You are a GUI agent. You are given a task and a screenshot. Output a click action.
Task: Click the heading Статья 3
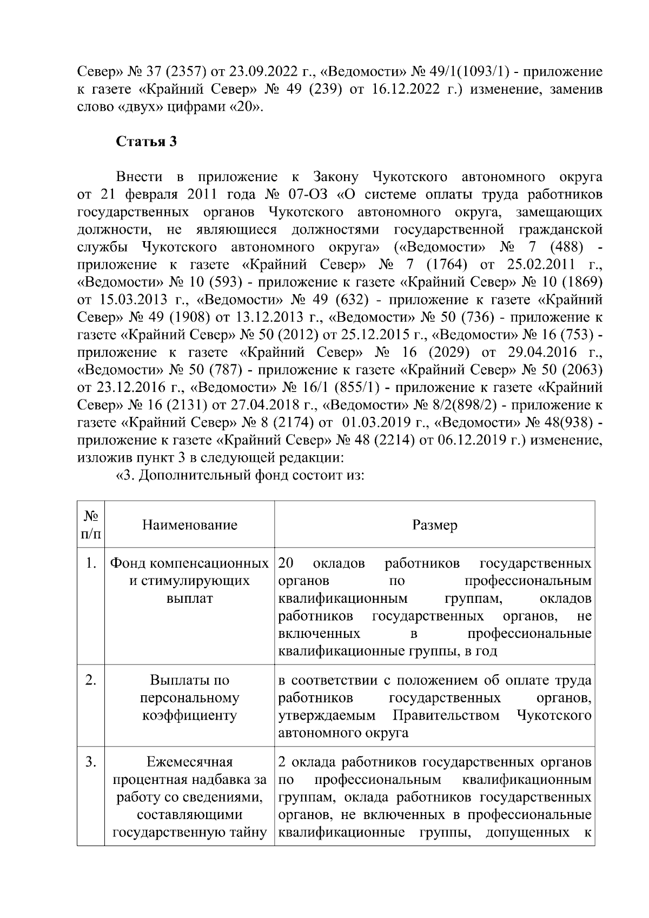[x=147, y=142]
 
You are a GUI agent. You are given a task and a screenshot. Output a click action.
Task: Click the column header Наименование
[x=190, y=525]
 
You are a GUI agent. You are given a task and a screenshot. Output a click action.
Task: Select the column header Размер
[x=434, y=525]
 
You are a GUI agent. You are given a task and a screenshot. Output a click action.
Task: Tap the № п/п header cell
[x=90, y=525]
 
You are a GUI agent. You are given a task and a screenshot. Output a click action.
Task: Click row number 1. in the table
[x=91, y=564]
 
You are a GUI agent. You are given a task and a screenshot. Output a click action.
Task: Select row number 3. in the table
[x=91, y=763]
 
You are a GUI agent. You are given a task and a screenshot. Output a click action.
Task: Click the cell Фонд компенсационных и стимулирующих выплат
[x=190, y=582]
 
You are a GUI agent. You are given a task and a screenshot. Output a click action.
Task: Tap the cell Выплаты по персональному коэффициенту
[x=190, y=698]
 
